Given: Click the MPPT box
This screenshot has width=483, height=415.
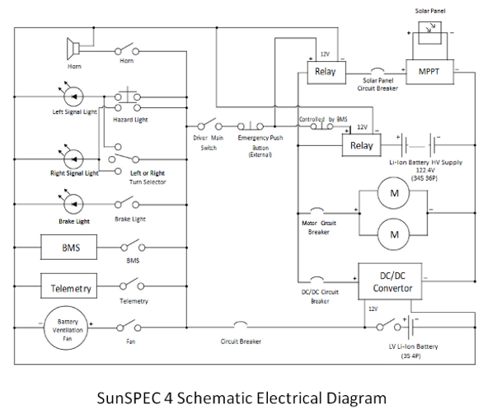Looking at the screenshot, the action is (x=429, y=72).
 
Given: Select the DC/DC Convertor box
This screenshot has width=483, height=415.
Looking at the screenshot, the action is (x=390, y=281).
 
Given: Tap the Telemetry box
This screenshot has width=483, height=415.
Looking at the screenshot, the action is (x=68, y=285).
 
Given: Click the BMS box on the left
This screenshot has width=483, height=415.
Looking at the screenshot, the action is (x=68, y=248).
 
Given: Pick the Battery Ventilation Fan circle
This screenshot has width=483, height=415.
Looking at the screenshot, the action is (x=66, y=328).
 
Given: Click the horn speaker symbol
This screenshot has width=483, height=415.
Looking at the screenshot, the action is (x=73, y=49).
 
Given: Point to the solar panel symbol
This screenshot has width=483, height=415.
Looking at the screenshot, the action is (x=429, y=33).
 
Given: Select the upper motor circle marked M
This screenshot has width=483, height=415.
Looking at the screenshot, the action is (x=394, y=193).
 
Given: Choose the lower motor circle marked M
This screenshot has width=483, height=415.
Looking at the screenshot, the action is (x=394, y=234).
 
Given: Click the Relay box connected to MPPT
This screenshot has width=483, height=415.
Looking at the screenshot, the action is (x=326, y=73).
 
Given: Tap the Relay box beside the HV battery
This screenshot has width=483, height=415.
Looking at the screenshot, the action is (x=362, y=145).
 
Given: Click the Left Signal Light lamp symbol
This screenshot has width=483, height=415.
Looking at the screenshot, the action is (x=73, y=97).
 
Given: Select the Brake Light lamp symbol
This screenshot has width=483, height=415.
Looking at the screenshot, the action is (x=73, y=204).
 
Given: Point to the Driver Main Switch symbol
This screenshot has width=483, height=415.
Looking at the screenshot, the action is (x=210, y=125).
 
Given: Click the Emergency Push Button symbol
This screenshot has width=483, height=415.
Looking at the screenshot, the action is (x=251, y=125).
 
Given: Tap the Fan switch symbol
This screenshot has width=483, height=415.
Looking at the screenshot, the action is (x=129, y=326).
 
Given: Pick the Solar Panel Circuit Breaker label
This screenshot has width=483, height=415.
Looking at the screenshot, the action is (x=377, y=84).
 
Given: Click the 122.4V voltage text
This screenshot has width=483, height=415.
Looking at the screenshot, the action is (x=425, y=170).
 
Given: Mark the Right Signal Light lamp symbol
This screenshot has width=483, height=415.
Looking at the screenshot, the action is (x=73, y=159).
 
